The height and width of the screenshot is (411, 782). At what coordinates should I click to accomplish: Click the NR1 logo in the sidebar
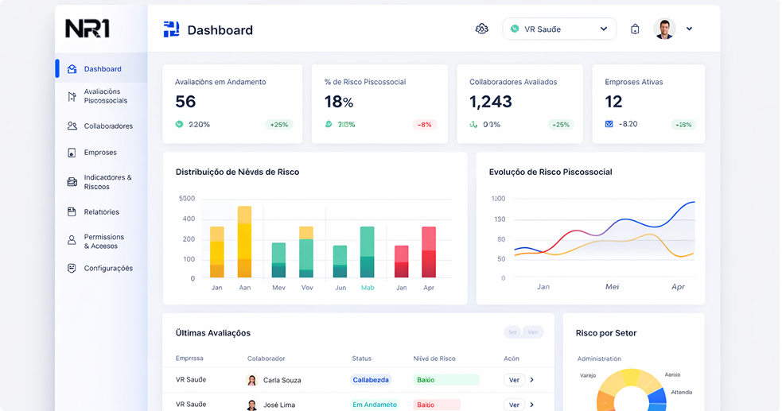(x=88, y=29)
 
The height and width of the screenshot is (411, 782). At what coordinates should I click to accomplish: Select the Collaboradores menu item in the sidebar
(x=107, y=126)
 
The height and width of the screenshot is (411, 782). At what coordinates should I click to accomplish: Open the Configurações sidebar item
(x=107, y=269)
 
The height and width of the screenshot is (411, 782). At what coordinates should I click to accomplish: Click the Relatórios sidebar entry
(x=101, y=212)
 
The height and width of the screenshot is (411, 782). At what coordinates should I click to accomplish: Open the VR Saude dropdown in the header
(x=559, y=29)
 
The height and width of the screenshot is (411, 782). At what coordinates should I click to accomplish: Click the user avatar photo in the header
(x=664, y=29)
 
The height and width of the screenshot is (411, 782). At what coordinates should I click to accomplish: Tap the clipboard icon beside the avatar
(x=635, y=29)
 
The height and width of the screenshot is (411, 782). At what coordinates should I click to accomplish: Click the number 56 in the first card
(x=185, y=102)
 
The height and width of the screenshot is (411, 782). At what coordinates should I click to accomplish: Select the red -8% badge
(x=425, y=125)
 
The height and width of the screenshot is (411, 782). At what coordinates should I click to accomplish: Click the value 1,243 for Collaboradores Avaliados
(x=491, y=102)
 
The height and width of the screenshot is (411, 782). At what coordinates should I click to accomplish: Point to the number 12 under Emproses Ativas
(x=613, y=102)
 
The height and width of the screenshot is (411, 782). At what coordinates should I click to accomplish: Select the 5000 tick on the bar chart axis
(x=187, y=199)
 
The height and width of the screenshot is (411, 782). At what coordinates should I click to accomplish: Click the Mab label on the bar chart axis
(x=368, y=288)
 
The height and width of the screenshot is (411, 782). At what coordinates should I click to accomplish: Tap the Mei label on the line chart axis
(x=612, y=287)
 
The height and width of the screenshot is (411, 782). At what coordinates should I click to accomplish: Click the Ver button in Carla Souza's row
(x=514, y=380)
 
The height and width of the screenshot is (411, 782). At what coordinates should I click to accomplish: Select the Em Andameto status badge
(x=375, y=405)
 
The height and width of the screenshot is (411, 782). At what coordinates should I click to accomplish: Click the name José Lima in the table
(x=279, y=405)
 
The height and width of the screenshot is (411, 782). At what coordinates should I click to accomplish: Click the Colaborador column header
(x=266, y=359)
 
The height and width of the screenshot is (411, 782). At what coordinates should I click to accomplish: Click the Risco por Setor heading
(x=606, y=333)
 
